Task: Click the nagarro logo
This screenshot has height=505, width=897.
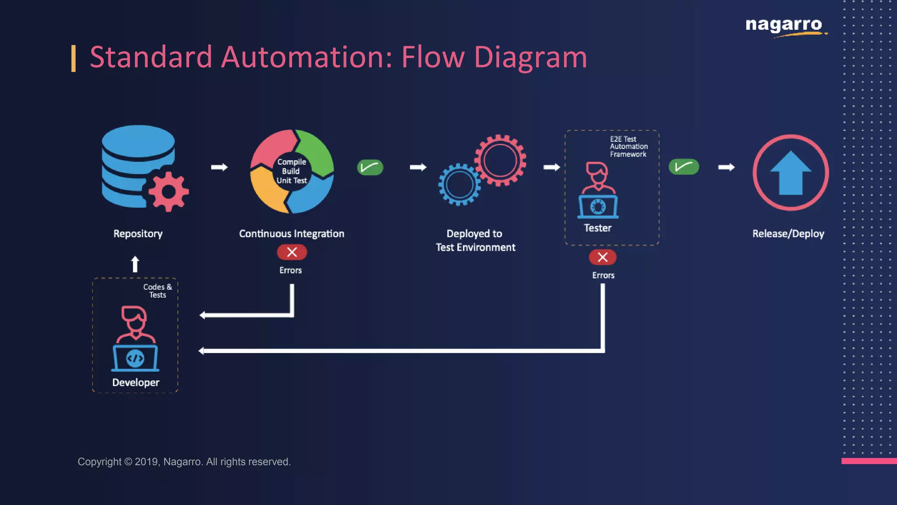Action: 784,25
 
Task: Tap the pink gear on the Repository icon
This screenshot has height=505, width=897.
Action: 168,192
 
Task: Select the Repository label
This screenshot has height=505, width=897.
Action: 138,234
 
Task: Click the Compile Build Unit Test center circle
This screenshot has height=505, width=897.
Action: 292,171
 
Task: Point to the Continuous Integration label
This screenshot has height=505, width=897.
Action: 292,234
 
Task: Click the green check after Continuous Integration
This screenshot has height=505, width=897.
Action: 370,167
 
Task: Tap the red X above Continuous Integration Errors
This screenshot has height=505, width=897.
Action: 292,252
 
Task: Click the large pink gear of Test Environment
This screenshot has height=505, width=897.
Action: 500,160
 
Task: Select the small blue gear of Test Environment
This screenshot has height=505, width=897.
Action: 459,185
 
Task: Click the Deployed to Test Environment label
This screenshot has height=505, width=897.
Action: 475,240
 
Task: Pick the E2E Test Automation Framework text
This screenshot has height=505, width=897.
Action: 628,146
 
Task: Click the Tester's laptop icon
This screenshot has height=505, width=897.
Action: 598,206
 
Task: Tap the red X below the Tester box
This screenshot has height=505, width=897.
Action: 603,257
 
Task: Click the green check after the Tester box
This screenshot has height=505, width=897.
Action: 684,167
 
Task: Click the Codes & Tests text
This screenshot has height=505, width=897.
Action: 158,291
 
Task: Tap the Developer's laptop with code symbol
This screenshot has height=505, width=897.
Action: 135,358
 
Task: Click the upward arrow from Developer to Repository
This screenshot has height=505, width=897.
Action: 135,264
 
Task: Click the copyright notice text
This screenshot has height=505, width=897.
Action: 184,462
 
